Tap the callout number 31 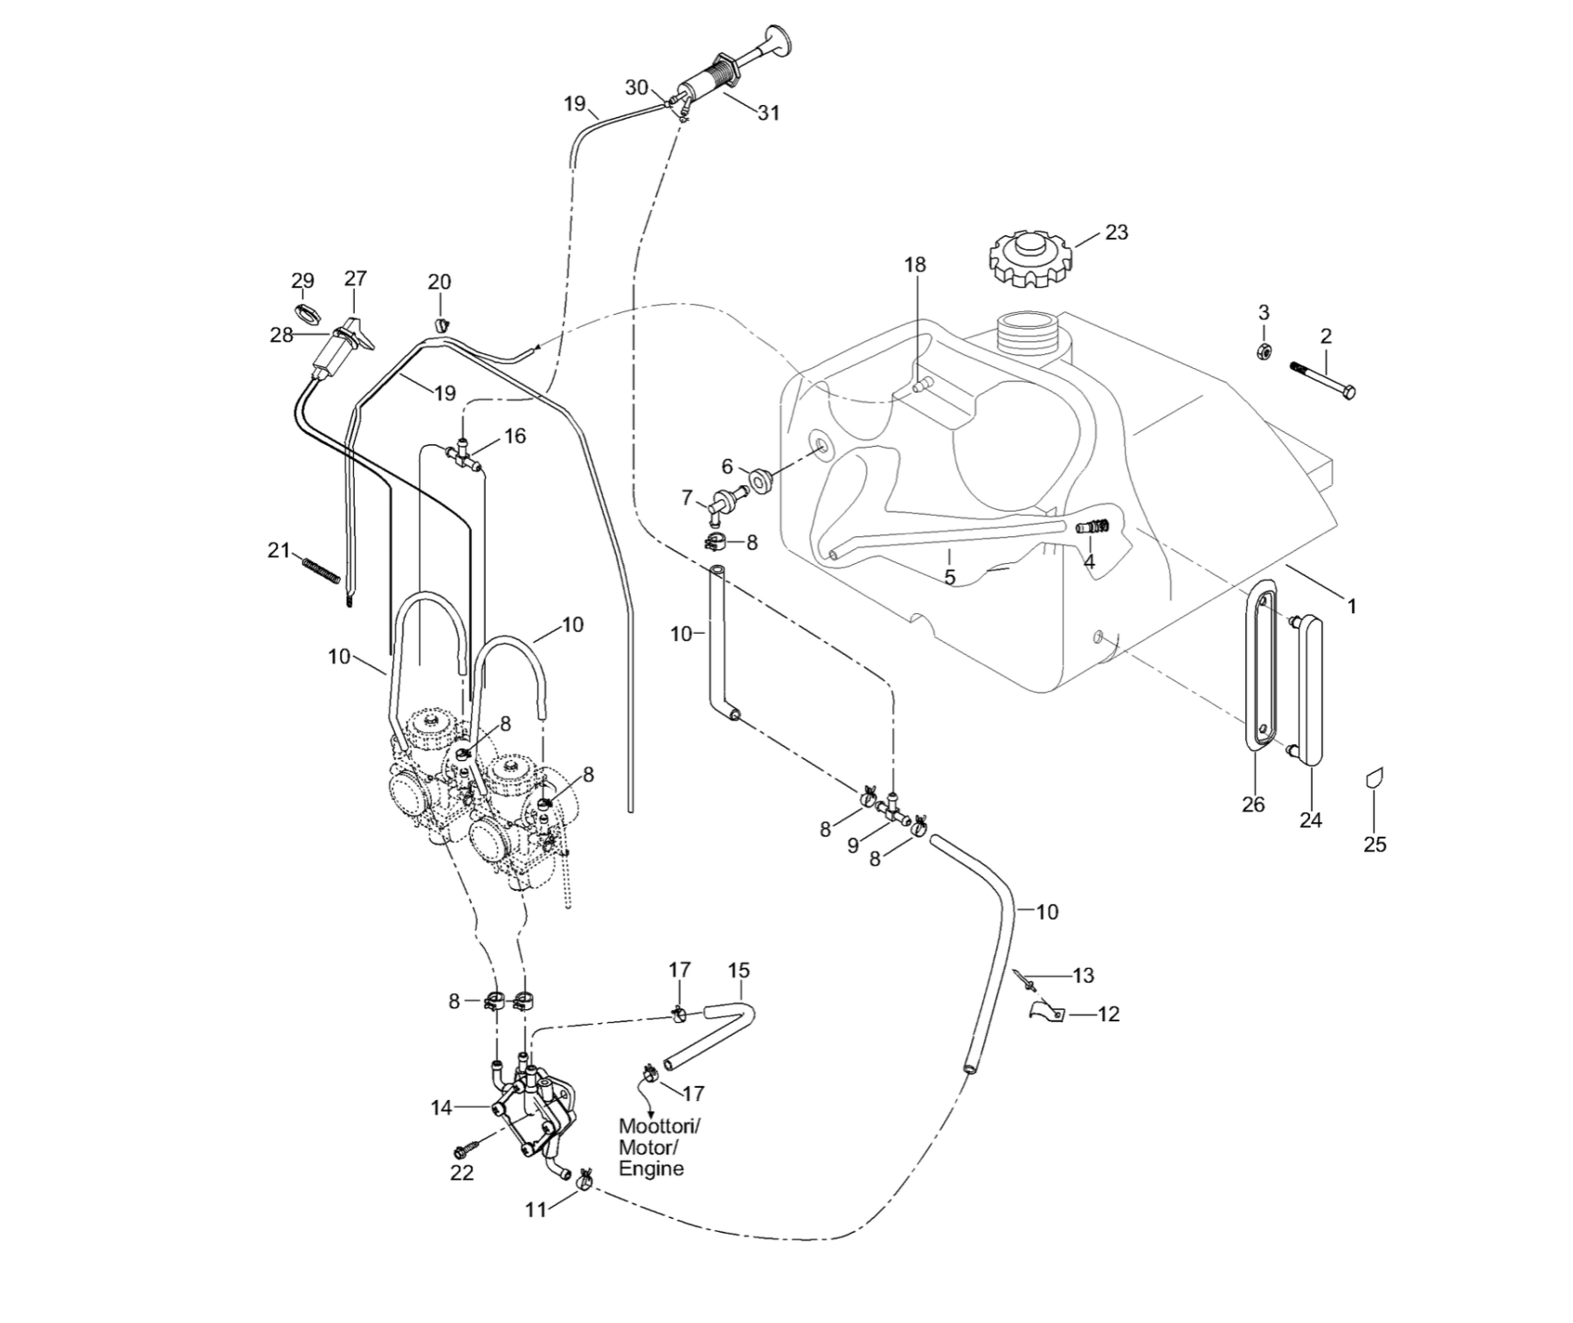click(768, 113)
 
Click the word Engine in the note click(651, 1169)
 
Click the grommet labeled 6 click(759, 480)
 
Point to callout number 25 click(1375, 844)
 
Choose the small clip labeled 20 click(440, 325)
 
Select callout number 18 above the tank click(915, 264)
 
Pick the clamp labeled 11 click(584, 1177)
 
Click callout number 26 click(1253, 804)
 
